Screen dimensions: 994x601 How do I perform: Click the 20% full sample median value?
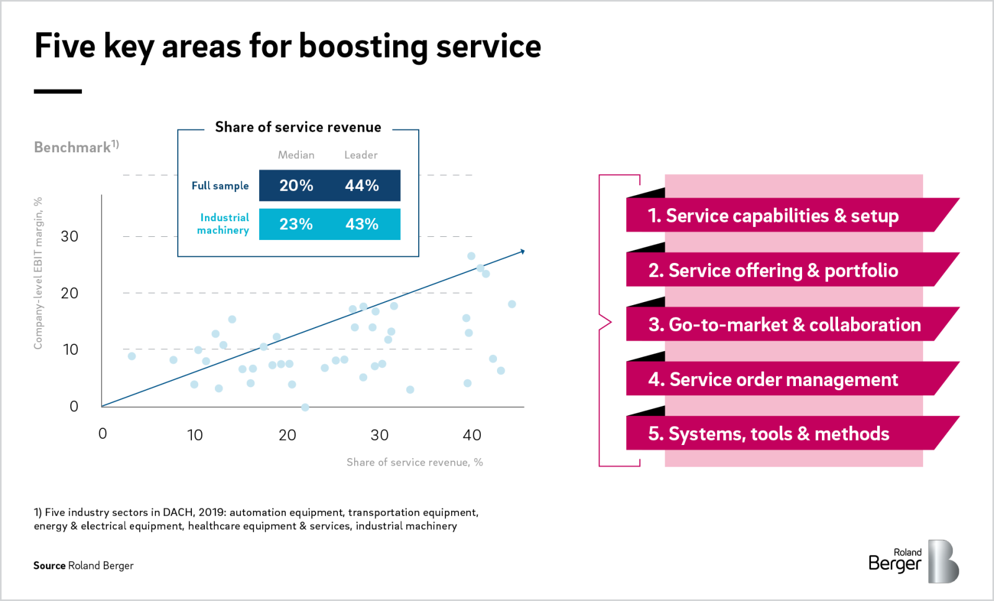[x=296, y=186]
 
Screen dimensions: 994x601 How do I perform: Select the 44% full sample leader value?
[x=362, y=186]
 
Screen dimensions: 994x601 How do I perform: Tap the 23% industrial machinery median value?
[x=296, y=224]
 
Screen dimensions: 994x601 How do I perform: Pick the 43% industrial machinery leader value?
[x=362, y=224]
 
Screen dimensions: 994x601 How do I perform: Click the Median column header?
[x=296, y=155]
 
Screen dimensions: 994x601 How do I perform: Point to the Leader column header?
[x=361, y=155]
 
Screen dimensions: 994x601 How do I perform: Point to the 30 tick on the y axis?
[x=69, y=236]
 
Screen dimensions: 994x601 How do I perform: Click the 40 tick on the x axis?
[x=472, y=435]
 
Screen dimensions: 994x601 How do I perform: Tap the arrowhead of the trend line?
[x=522, y=252]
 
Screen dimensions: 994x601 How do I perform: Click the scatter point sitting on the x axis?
[x=305, y=407]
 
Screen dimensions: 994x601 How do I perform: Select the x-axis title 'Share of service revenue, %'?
[x=414, y=462]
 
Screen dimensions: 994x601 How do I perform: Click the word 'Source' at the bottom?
[x=49, y=566]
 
